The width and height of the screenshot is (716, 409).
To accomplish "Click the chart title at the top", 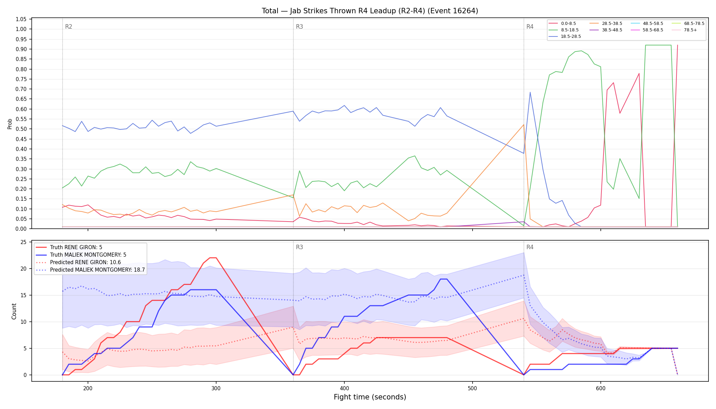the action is click(370, 11).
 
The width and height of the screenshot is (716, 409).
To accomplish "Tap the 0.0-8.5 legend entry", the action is click(562, 24).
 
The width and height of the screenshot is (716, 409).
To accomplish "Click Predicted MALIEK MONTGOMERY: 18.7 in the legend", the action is click(90, 270).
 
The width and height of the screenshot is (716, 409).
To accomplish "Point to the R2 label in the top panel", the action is click(69, 27).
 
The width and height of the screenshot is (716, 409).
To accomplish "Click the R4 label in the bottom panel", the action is click(530, 247).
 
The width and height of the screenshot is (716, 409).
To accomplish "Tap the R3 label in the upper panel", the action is click(299, 27).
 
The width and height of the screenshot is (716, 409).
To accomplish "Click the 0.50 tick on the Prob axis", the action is click(21, 129).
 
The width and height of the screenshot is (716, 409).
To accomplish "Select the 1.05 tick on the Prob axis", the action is click(21, 19).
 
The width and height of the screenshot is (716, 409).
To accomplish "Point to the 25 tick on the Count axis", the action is click(24, 242).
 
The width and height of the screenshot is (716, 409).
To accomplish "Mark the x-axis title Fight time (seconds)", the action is click(370, 397).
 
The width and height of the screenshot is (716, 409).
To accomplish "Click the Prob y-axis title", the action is click(10, 124).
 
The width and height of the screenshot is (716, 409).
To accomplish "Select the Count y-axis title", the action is click(14, 311).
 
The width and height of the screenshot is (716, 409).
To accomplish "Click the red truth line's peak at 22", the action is click(213, 258).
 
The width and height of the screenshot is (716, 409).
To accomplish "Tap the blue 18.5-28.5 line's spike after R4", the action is click(530, 92).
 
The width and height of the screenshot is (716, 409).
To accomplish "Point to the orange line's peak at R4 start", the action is click(523, 124).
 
